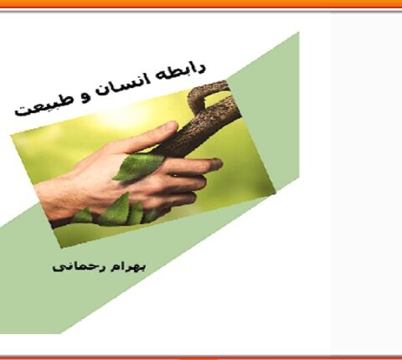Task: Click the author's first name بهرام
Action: (128, 266)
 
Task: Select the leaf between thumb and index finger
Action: (137, 167)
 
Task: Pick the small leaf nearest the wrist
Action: (84, 216)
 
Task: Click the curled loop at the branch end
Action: (207, 94)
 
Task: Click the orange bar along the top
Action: (201, 3)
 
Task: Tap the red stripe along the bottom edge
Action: (201, 357)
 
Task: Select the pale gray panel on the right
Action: (367, 182)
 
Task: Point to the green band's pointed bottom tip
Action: (60, 333)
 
